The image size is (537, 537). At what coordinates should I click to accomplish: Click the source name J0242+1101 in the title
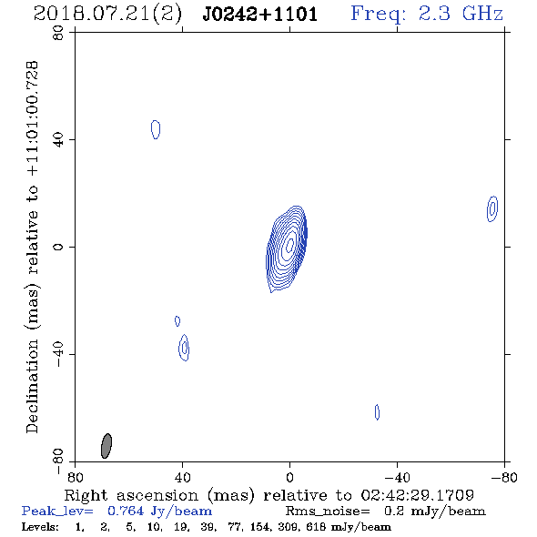point(259,15)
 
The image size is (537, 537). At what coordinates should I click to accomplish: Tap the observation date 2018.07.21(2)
point(107,15)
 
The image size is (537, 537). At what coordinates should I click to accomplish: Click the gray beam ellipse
point(106,446)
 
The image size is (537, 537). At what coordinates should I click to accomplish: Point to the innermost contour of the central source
point(289,244)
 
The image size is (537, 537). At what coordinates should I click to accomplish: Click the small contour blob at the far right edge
point(492,208)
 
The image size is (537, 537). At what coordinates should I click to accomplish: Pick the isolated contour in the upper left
point(156,129)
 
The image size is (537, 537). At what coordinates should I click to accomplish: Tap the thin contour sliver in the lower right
point(377,412)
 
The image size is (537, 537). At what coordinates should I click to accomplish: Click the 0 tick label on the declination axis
point(58,247)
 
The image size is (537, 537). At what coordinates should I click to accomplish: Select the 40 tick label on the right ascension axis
point(182,477)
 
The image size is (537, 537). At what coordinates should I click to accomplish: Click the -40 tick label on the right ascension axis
point(397,477)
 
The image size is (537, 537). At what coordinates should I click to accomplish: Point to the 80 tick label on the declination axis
point(58,33)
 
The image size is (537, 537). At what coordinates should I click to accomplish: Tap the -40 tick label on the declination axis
point(58,355)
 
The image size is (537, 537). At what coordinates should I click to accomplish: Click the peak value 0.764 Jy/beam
point(159,511)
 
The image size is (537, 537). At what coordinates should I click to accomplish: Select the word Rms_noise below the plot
point(328,511)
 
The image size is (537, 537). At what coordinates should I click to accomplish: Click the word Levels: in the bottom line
point(40,526)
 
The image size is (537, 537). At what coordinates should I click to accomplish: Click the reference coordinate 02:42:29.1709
point(418,495)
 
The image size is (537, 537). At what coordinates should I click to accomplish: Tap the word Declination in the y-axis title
point(32,386)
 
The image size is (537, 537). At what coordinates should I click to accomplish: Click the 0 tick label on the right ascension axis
point(289,477)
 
